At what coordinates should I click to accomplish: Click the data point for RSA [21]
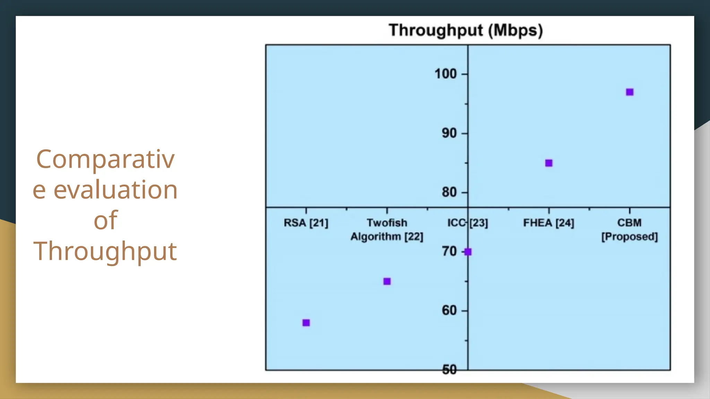[306, 323]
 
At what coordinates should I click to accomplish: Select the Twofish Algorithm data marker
[387, 281]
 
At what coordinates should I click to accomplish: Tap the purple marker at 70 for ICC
[468, 252]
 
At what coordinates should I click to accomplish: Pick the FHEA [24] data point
[549, 163]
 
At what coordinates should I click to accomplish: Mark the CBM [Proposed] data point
[630, 92]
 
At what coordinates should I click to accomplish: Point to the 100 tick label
[445, 74]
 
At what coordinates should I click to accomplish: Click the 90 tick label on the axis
[449, 133]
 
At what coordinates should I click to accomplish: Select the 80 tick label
[449, 192]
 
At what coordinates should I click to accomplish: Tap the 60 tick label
[449, 311]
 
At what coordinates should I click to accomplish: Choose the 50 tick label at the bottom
[449, 370]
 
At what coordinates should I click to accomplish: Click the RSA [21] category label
[306, 223]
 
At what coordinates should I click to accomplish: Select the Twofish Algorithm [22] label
[387, 230]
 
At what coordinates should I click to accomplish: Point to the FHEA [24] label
[548, 223]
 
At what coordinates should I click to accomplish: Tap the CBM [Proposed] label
[630, 230]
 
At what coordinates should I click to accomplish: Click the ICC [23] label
[467, 223]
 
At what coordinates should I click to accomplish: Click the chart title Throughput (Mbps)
[466, 30]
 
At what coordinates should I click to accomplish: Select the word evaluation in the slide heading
[115, 190]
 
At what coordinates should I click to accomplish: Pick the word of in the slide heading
[105, 220]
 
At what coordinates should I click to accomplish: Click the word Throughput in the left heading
[105, 251]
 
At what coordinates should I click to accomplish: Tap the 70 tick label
[449, 251]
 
